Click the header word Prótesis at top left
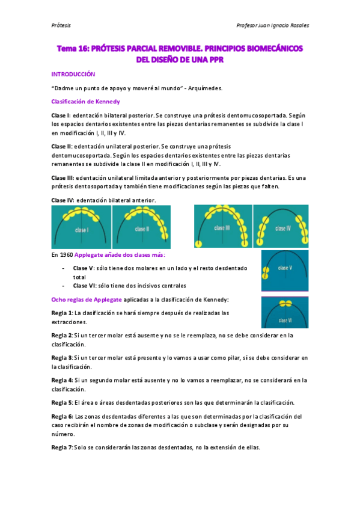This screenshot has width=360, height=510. tap(61, 25)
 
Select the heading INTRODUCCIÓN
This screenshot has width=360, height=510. tap(73, 74)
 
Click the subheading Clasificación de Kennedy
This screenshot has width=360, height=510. tap(85, 102)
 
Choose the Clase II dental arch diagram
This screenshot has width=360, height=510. tap(141, 223)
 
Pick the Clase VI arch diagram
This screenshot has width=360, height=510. tap(284, 312)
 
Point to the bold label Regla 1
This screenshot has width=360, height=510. tap(62, 313)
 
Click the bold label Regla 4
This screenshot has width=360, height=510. tap(62, 380)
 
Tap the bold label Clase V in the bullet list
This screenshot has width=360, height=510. tap(83, 268)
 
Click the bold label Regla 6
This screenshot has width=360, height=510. tap(62, 416)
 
